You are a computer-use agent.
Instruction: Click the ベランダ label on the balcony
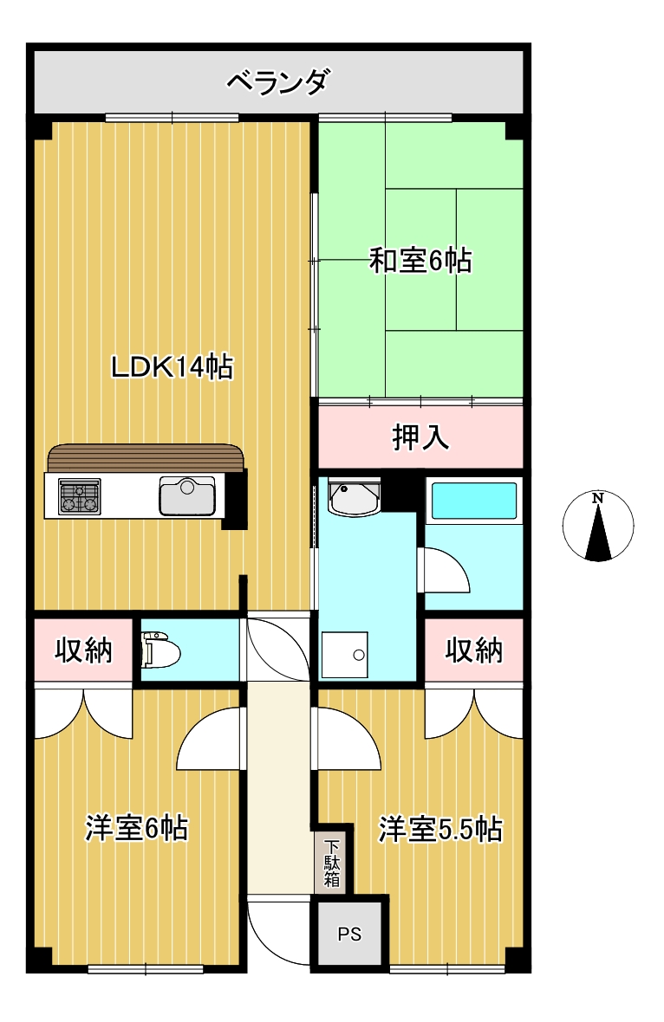pos(278,82)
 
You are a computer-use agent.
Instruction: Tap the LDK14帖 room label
pos(173,367)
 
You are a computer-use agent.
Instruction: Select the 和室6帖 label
pos(420,261)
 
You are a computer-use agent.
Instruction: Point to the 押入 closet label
pos(420,437)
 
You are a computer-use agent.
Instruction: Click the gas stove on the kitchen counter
pos(79,496)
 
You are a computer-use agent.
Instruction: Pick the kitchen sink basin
pos(187,496)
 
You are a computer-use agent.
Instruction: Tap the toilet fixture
pos(159,650)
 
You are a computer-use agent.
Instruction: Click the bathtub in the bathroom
pos(474,501)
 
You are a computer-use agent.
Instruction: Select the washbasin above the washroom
pos(355,497)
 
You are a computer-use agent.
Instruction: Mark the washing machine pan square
pos(344,655)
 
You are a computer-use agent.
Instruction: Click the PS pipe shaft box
pos(349,934)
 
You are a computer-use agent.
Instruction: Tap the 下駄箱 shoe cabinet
pos(332,863)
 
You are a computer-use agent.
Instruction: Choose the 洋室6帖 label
pos(136,828)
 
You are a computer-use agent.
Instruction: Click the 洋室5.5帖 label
pos(440,830)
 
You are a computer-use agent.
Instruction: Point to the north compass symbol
pos(597,526)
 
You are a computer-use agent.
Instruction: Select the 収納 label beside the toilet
pos(83,650)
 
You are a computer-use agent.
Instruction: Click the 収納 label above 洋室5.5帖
pos(473,650)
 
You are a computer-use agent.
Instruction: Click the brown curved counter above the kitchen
pos(146,457)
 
